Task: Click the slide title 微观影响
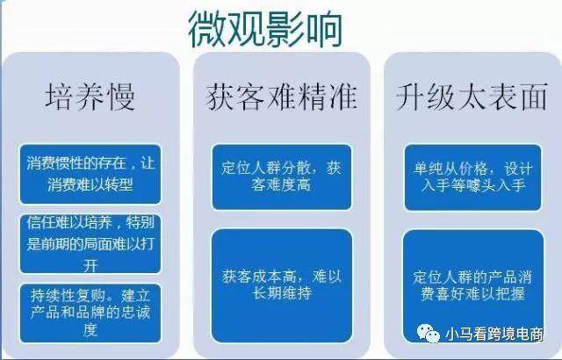265,29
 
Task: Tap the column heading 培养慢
90,97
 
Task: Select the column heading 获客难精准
281,97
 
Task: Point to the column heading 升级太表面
472,97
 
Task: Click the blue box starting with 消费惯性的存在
90,174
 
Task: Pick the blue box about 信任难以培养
90,243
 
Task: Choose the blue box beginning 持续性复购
90,313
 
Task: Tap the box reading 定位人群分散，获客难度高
282,177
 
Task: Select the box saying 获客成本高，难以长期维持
282,286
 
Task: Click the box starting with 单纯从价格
472,177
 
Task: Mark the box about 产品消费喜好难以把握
473,286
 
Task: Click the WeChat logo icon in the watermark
429,333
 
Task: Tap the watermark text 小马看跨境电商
494,334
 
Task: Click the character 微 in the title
207,29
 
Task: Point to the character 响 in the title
324,29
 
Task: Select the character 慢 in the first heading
121,97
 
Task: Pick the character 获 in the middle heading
220,97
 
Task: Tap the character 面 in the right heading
534,97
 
